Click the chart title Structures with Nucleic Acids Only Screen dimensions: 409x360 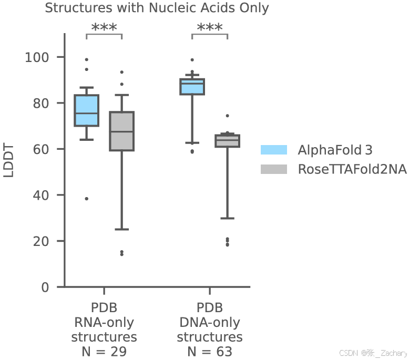tap(157, 8)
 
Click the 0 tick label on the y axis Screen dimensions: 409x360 tap(45, 287)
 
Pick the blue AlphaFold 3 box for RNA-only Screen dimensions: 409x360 tap(86, 110)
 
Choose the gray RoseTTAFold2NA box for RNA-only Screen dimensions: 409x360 tap(121, 131)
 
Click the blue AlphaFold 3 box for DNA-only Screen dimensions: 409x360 tap(192, 87)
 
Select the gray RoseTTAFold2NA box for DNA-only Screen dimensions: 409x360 tap(227, 141)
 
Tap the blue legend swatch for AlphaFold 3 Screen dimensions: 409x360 tap(274, 150)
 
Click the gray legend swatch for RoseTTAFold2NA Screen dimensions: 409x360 tap(274, 169)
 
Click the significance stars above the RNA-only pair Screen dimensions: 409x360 tap(104, 28)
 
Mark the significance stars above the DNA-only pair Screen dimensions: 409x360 tap(210, 28)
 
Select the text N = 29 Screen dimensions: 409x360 tap(104, 352)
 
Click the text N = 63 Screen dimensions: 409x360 tap(210, 352)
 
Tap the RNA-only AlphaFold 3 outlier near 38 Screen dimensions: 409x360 tap(86, 199)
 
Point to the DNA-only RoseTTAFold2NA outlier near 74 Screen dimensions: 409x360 tap(227, 116)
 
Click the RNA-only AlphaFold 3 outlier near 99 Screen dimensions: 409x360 tap(86, 59)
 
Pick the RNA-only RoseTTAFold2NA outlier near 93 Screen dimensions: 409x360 tap(121, 72)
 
